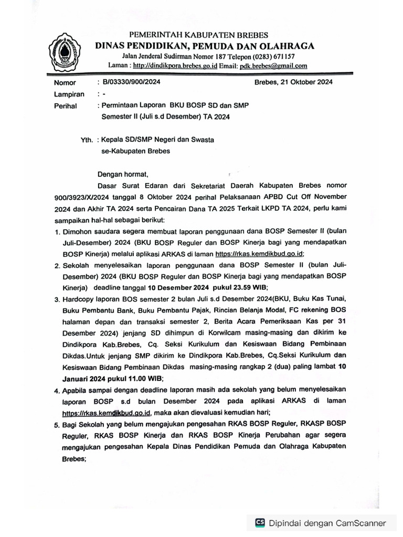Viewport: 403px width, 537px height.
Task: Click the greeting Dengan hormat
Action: [x=124, y=174]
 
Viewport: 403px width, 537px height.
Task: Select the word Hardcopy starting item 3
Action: [x=80, y=298]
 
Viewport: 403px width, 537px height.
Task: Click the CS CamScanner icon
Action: [x=260, y=522]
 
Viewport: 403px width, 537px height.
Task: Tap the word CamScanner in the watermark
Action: [x=360, y=522]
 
